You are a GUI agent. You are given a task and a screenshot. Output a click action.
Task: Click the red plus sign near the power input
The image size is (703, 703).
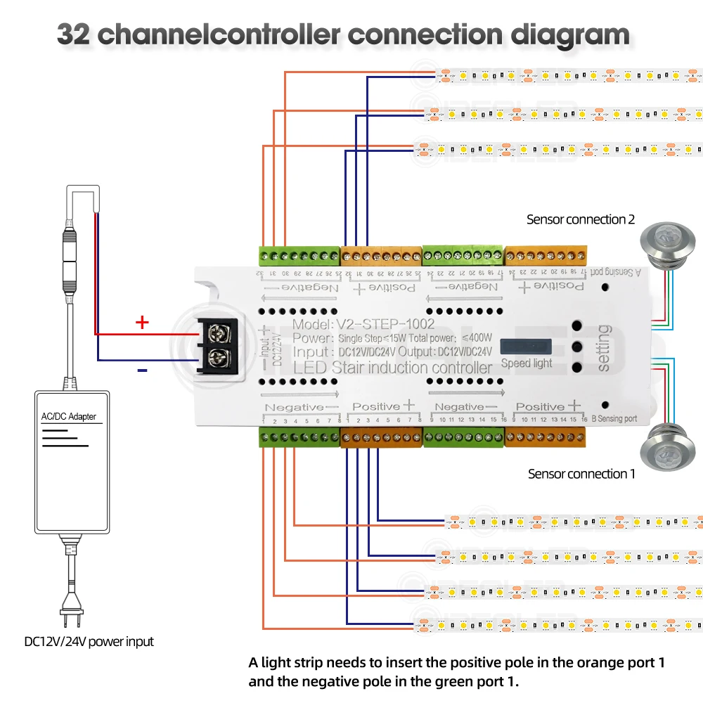click(143, 323)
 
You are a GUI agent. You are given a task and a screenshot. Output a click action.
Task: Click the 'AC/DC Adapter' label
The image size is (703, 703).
click(68, 417)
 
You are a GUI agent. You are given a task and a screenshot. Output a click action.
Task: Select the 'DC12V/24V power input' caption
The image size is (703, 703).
click(89, 641)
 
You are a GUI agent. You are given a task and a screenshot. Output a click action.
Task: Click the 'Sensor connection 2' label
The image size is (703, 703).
click(580, 220)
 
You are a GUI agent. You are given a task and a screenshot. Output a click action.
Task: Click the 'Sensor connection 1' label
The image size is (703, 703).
click(581, 474)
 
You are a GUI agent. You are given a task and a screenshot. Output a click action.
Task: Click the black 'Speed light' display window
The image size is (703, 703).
click(527, 347)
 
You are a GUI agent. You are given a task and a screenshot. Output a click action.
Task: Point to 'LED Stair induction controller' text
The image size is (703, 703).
click(392, 368)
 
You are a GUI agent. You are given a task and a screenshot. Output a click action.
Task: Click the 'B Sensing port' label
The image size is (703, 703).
click(614, 418)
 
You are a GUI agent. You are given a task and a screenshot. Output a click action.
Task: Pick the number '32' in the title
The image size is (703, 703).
click(73, 34)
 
